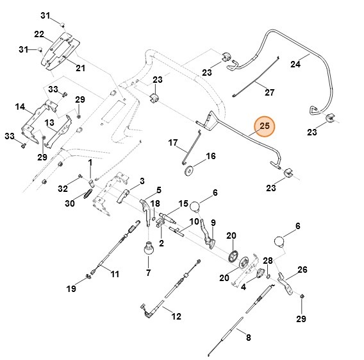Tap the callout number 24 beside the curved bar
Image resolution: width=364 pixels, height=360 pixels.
(295, 64)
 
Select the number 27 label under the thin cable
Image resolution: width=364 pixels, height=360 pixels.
(269, 92)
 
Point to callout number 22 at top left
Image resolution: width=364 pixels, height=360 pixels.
(39, 34)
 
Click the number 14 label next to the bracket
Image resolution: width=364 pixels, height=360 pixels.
(20, 107)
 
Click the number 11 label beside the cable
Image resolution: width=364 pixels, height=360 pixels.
(115, 275)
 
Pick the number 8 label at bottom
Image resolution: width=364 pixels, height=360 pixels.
(248, 337)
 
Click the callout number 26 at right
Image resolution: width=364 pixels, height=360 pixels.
(302, 269)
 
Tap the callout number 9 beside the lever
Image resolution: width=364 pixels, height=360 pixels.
(213, 223)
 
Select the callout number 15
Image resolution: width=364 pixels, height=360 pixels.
(183, 203)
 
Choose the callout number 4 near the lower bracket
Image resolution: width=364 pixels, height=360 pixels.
(244, 287)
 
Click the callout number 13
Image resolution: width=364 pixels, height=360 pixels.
(49, 122)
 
